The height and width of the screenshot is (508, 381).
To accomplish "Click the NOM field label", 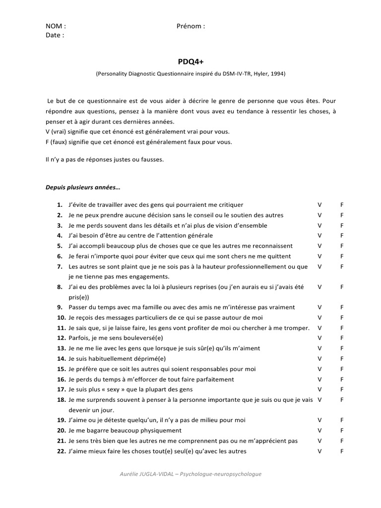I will [x=55, y=26].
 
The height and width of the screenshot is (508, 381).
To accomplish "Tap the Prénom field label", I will [x=190, y=26].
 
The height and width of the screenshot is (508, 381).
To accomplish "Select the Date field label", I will [x=55, y=35].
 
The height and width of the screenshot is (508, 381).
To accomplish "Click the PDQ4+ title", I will [x=190, y=62].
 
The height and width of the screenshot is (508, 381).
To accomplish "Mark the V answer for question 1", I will [x=319, y=205].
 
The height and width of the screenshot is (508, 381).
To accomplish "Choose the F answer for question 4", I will [x=342, y=236].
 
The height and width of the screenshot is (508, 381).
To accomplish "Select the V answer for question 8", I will [x=319, y=287].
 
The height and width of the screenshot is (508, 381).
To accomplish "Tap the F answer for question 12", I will [x=342, y=338].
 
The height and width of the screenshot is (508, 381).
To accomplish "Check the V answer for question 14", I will [x=319, y=359].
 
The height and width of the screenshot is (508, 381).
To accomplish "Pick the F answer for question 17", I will [x=342, y=389].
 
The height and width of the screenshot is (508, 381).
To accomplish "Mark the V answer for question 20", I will [x=319, y=431].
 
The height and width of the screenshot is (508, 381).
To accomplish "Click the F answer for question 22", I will [x=342, y=451].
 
